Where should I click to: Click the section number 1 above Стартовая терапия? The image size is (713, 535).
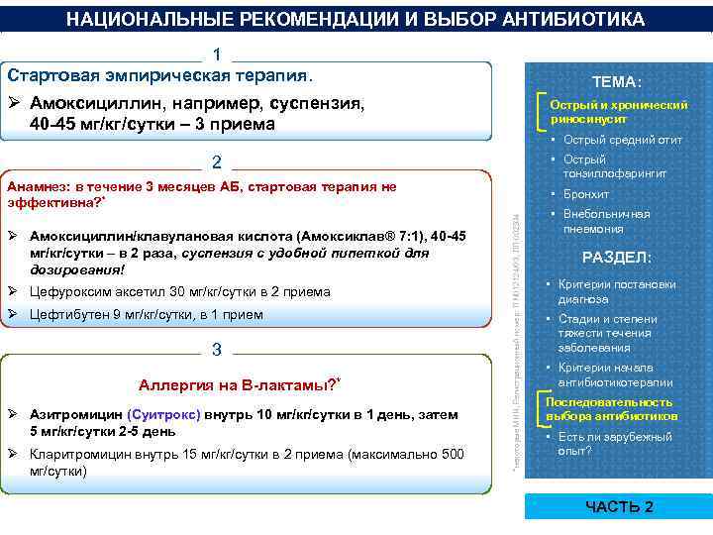(217, 54)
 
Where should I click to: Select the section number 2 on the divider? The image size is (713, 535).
(217, 162)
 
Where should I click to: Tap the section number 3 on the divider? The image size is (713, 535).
(217, 348)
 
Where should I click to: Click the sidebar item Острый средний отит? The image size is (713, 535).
(622, 140)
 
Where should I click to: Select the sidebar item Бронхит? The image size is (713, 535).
(587, 194)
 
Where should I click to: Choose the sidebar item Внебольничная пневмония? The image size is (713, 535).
(606, 221)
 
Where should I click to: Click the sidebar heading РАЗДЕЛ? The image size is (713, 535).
(616, 258)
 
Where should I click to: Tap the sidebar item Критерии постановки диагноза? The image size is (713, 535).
(618, 291)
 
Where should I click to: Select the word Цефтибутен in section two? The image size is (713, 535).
(66, 314)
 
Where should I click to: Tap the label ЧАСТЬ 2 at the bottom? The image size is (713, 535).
(619, 506)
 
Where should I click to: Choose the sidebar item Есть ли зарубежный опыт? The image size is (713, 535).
(616, 443)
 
